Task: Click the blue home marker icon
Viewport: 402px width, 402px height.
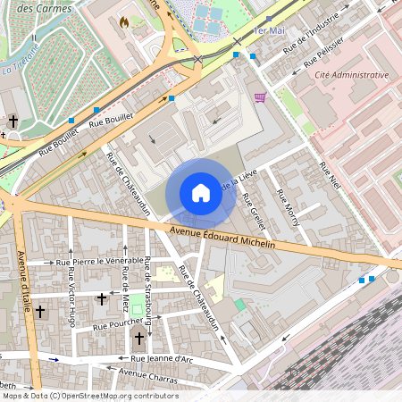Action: [201, 193]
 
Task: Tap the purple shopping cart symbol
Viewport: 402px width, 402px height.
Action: [260, 97]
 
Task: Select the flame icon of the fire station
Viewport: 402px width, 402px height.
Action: [123, 21]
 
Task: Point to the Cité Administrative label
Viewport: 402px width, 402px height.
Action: [352, 75]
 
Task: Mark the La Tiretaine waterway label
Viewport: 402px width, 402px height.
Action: [20, 65]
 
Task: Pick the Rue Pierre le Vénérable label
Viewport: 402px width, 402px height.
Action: [99, 262]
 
